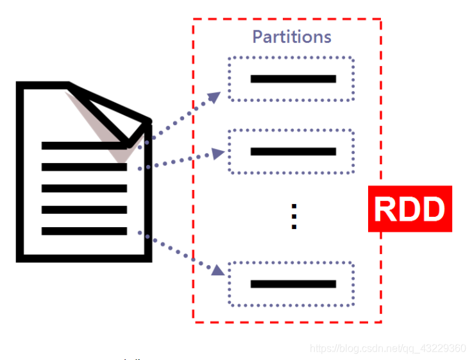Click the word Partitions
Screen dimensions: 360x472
292,37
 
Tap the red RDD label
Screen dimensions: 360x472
410,209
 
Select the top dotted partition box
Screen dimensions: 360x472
291,79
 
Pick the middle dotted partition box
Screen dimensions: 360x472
291,151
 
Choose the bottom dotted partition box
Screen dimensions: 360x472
291,284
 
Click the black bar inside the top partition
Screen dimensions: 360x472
293,79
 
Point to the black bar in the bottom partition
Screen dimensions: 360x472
293,284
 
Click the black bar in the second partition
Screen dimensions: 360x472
293,151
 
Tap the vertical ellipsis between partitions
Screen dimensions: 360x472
294,217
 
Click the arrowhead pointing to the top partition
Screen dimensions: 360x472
215,97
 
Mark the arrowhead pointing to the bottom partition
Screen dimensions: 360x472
218,270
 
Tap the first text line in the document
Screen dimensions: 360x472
83,146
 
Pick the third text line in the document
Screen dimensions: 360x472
84,189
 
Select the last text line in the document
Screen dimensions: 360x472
84,231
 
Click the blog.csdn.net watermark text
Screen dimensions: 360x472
387,348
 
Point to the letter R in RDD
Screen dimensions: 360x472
386,209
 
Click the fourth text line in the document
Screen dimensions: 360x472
84,210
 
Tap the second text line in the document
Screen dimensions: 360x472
84,167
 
